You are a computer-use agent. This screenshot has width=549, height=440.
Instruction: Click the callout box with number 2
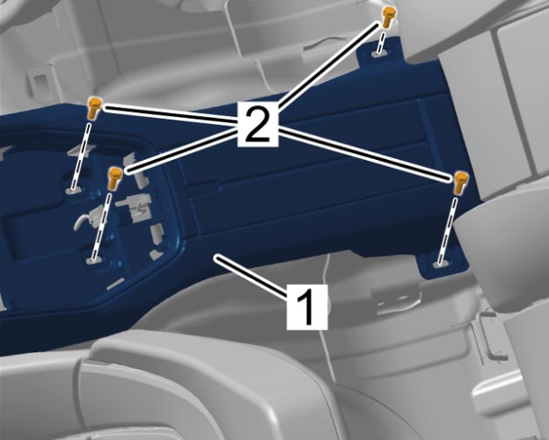[x=258, y=124]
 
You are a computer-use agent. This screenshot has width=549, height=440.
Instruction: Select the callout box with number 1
[x=307, y=307]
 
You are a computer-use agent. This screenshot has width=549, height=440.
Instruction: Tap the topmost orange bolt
[x=388, y=17]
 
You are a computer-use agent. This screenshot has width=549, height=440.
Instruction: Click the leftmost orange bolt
[x=94, y=108]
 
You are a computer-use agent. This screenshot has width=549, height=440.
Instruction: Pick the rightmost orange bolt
[x=461, y=182]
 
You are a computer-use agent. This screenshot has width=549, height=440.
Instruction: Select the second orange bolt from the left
[x=114, y=178]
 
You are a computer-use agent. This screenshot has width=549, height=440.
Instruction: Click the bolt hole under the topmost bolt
[x=378, y=53]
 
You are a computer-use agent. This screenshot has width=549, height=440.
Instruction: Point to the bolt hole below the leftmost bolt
[x=73, y=190]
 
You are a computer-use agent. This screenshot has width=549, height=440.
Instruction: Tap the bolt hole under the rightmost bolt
[x=441, y=263]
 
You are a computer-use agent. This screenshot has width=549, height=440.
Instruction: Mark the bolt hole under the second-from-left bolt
[x=93, y=260]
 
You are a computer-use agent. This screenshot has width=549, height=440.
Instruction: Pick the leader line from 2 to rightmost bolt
[x=364, y=155]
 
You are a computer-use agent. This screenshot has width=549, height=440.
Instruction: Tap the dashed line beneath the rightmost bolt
[x=449, y=231]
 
